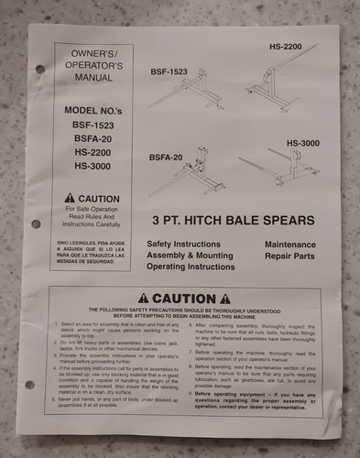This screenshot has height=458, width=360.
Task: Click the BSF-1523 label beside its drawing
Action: click(x=169, y=71)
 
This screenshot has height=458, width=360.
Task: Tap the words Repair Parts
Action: click(x=291, y=259)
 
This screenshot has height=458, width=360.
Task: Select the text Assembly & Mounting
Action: click(x=191, y=258)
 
